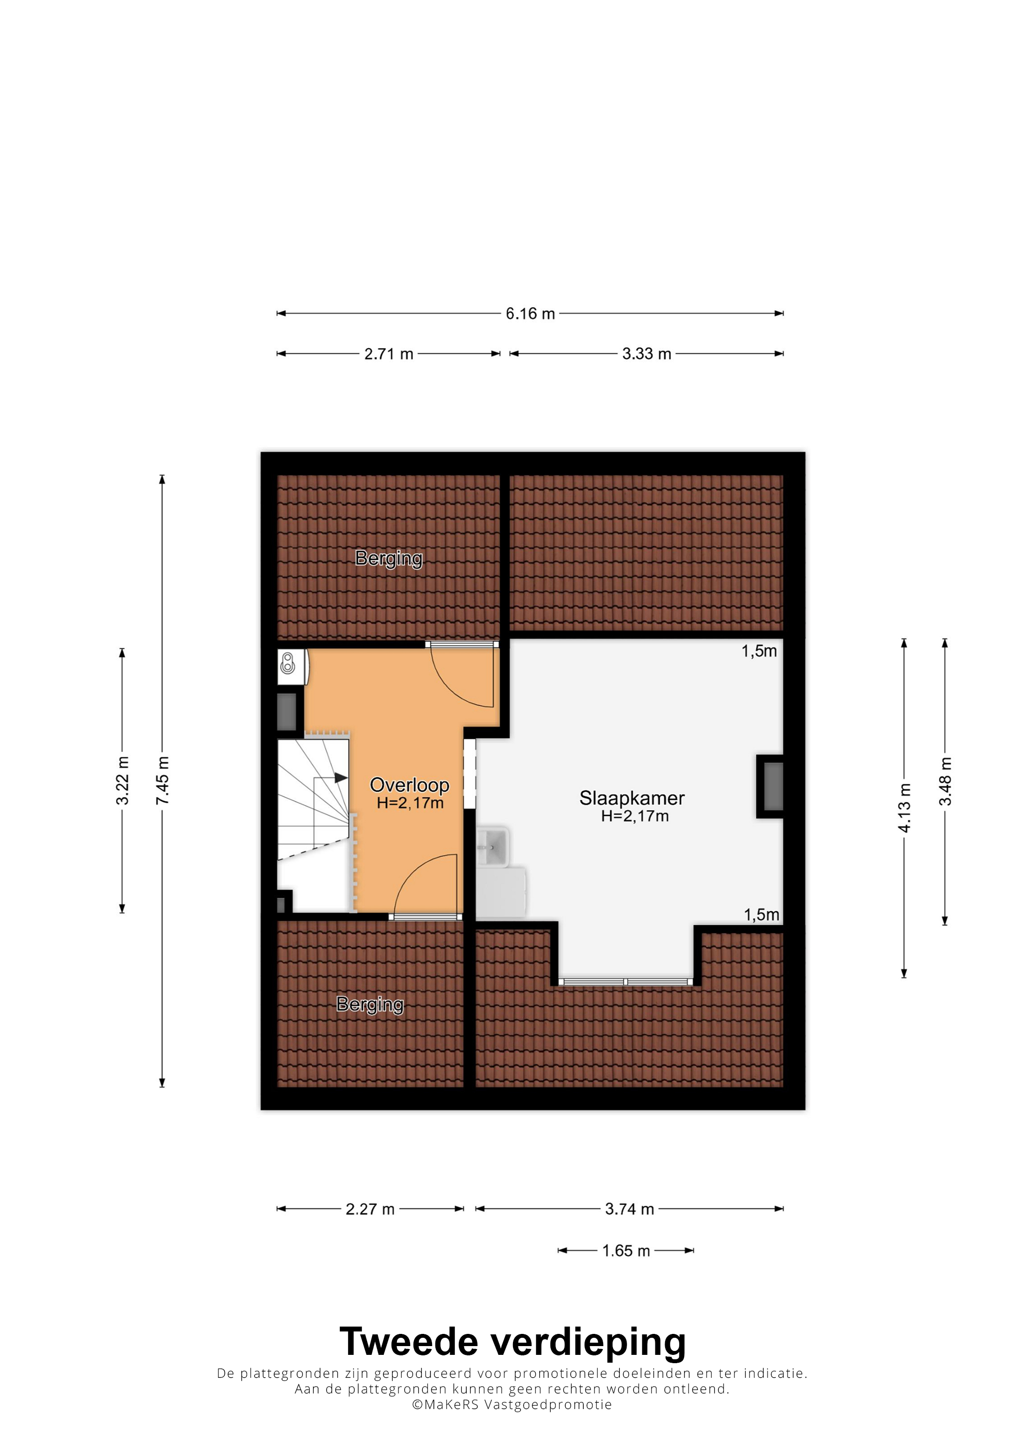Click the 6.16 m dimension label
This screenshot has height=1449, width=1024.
click(530, 314)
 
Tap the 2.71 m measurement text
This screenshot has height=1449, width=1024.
click(389, 354)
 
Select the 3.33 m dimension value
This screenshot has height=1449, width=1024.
click(647, 354)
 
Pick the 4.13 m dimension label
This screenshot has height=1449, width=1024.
click(904, 808)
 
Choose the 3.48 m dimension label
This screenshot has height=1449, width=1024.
click(945, 781)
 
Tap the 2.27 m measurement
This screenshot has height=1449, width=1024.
click(370, 1209)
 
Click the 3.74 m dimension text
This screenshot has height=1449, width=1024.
click(630, 1209)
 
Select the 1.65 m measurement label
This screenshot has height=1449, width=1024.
click(626, 1251)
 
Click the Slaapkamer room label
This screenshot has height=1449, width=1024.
click(631, 798)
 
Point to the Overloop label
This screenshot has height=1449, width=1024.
click(410, 785)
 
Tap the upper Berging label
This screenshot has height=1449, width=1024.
click(389, 558)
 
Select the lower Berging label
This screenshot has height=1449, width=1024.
click(370, 1005)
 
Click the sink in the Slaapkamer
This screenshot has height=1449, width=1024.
click(492, 845)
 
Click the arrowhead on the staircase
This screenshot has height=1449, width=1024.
click(341, 777)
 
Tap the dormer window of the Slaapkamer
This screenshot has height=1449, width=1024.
click(625, 982)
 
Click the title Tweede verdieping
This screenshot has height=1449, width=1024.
click(512, 1342)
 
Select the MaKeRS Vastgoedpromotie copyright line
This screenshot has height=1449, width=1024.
click(512, 1405)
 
